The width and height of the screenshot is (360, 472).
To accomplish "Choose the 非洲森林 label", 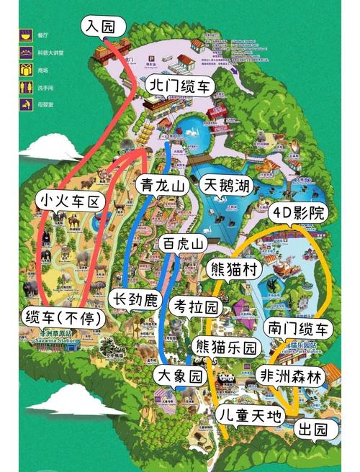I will pyautogui.click(x=289, y=375).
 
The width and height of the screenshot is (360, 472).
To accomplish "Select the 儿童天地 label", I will pyautogui.click(x=252, y=414).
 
